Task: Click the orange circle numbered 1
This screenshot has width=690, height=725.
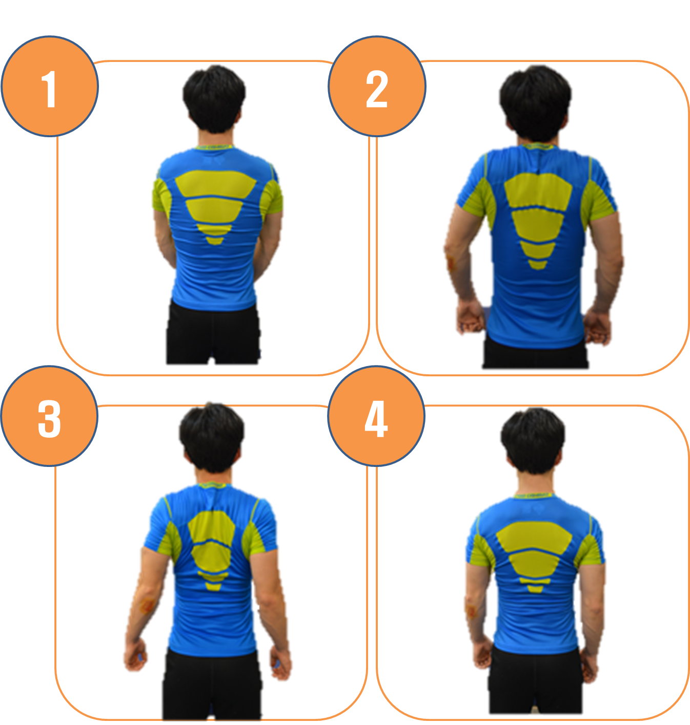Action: [x=50, y=87]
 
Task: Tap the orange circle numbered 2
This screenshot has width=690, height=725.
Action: [x=377, y=87]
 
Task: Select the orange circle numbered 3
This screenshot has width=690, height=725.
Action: [x=50, y=416]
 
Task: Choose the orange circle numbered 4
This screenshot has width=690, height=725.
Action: [x=376, y=416]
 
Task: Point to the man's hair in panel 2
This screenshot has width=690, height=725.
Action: [x=535, y=99]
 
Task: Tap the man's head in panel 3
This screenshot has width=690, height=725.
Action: [x=212, y=437]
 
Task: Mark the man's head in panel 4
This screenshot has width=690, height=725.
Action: [x=533, y=440]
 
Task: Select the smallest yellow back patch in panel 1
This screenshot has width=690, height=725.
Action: [x=215, y=241]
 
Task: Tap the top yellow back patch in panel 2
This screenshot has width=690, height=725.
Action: [x=538, y=190]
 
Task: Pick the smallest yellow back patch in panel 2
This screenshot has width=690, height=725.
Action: [x=537, y=264]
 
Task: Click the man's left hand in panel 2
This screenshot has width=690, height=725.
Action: [x=470, y=317]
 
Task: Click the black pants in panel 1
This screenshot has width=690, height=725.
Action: [x=213, y=332]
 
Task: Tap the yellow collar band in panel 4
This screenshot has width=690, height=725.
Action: [x=533, y=495]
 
